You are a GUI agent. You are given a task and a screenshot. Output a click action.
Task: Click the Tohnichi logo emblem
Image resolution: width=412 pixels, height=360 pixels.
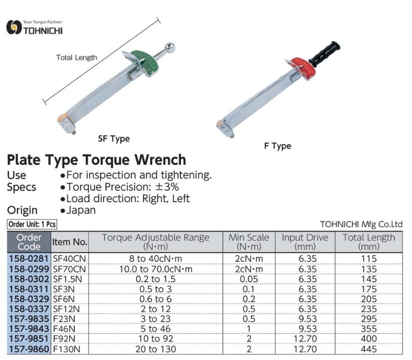tap(14, 27)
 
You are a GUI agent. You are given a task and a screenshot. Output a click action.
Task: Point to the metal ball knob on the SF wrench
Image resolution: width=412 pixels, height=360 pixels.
tap(170, 48)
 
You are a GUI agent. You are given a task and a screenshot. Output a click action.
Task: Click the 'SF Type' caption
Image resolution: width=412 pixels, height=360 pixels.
tap(114, 138)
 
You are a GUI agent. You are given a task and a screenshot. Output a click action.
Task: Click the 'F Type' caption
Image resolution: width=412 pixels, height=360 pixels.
tap(277, 146)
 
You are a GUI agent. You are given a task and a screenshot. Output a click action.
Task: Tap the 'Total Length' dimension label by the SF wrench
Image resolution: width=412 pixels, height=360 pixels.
tap(76, 57)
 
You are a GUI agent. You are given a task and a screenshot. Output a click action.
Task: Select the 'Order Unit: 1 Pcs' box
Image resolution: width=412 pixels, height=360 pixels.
tap(32, 224)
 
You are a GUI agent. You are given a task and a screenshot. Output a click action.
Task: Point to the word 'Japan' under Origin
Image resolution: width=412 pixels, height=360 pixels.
tap(81, 210)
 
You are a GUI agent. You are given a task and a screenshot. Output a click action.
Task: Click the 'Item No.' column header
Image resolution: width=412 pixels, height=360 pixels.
tap(70, 242)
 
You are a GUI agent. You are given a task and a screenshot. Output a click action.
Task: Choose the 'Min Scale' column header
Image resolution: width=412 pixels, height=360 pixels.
tap(249, 238)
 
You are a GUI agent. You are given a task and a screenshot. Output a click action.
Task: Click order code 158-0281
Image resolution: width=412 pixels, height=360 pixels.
tap(29, 258)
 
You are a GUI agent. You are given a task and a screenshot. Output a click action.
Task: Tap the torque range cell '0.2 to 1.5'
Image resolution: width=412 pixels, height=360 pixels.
tap(155, 279)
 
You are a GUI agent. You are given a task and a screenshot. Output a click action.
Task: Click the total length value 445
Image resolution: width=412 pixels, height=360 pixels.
tap(369, 349)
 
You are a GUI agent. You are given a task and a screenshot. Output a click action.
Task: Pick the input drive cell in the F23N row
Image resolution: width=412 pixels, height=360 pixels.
tap(307, 319)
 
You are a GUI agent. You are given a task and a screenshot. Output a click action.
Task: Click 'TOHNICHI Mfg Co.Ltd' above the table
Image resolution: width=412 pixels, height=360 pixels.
tap(361, 224)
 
